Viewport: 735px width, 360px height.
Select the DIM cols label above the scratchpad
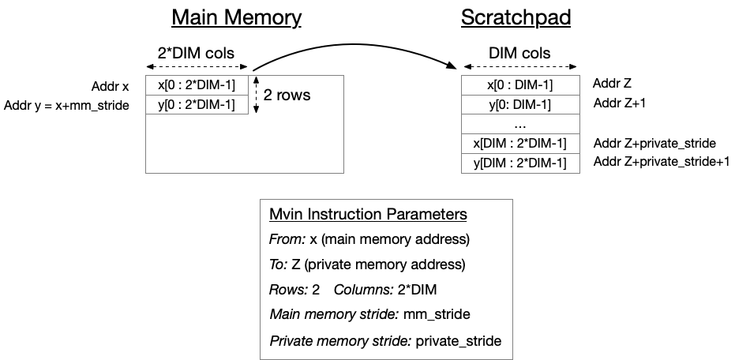[519, 54]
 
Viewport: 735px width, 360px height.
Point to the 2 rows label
[287, 95]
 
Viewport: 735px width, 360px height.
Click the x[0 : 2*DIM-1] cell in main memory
[197, 84]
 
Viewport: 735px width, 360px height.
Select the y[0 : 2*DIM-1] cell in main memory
[197, 104]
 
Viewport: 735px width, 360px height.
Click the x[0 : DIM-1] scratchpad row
[519, 84]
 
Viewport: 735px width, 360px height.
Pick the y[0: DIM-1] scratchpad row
[519, 104]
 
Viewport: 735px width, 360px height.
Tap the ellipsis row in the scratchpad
[519, 124]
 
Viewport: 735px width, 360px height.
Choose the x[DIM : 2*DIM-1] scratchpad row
[519, 144]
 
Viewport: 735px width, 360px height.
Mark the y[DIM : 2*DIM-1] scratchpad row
[519, 163]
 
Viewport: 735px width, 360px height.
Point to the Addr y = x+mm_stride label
[66, 105]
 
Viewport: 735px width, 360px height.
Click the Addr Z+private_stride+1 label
[662, 162]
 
